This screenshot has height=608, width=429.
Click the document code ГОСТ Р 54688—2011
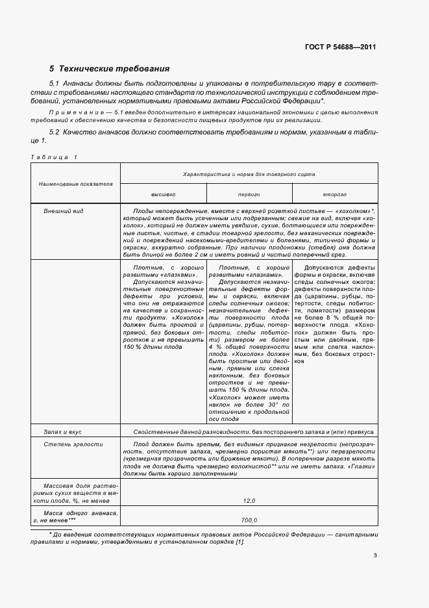tap(341, 47)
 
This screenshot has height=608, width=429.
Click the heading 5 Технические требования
tap(110, 68)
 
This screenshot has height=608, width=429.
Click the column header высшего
tap(163, 194)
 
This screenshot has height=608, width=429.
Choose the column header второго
tap(334, 194)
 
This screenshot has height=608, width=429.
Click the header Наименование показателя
tap(75, 184)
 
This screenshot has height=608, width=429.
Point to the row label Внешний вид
tap(63, 211)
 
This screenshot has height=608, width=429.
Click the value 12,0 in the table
tap(249, 501)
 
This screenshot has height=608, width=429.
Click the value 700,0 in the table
tap(249, 520)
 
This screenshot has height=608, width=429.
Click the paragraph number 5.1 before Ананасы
tap(55, 84)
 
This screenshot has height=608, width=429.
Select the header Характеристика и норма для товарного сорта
tap(249, 175)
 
